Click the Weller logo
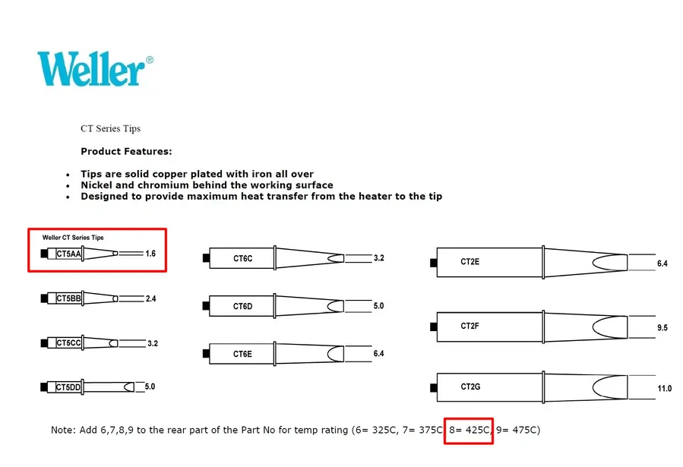point(95,69)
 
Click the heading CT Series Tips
point(111,128)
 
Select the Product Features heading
point(126,151)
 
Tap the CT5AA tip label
point(69,254)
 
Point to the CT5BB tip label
point(69,298)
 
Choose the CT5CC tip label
point(69,343)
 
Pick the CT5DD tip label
point(69,387)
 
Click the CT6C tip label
point(242,258)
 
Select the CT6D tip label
point(242,307)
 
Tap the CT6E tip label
point(242,354)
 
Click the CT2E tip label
point(470,261)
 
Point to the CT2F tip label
point(470,326)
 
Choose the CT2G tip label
point(470,387)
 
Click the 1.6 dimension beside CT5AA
point(150,254)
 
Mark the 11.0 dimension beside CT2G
point(664,388)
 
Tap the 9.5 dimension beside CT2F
point(662,327)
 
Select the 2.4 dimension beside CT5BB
point(150,298)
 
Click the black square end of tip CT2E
point(433,263)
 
